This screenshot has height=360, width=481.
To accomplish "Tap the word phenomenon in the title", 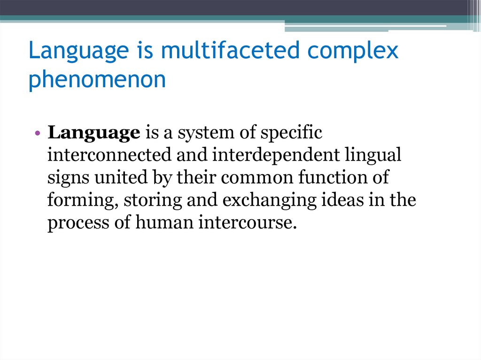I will coord(97,80).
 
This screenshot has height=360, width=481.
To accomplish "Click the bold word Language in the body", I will coord(94,133).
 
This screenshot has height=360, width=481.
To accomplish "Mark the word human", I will coord(164,223).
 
